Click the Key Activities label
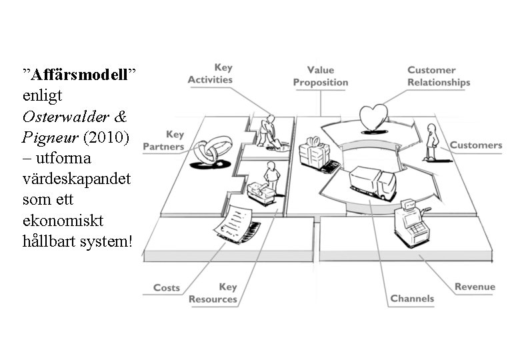click(210, 73)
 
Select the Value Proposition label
click(321, 76)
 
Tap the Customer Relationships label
click(439, 76)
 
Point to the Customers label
click(475, 145)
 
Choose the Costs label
click(167, 287)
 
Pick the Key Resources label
click(213, 293)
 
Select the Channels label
click(412, 298)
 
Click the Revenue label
click(475, 287)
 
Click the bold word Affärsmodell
click(79, 73)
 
